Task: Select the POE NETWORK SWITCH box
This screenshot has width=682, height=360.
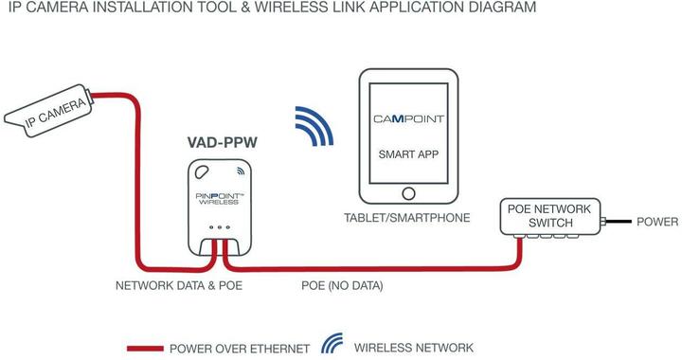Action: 548,217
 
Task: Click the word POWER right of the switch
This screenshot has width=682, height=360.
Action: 655,222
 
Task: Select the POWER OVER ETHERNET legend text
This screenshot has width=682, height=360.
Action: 240,348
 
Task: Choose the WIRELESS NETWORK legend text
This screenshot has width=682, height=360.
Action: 413,348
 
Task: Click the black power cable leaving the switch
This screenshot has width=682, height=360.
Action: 619,222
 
